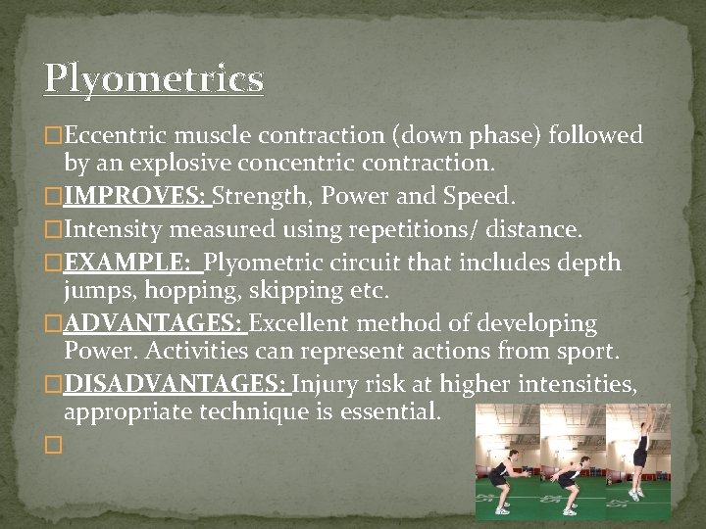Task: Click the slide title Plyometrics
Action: pos(154,78)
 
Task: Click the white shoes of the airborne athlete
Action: pos(635,492)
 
